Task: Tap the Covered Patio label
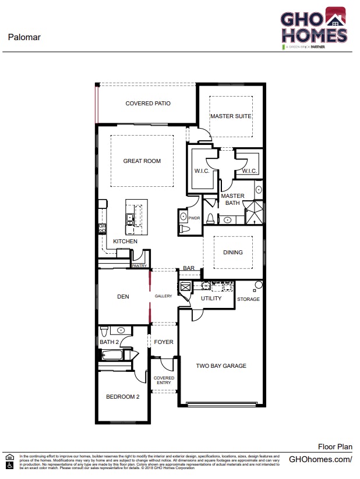tap(148, 104)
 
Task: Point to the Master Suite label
tap(231, 116)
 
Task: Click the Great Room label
tap(142, 161)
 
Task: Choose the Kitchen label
tap(125, 242)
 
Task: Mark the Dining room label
tap(233, 253)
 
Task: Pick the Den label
tap(123, 297)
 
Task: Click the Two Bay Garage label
tap(221, 366)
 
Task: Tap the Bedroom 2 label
tap(122, 397)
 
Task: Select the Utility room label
tap(211, 299)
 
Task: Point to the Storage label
tap(248, 299)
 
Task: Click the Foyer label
tap(164, 342)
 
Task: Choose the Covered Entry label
tap(164, 381)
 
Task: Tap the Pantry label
tap(139, 265)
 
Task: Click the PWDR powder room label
tap(194, 218)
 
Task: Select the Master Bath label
tap(232, 200)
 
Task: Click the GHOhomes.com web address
tap(320, 459)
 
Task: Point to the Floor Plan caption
tap(335, 446)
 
